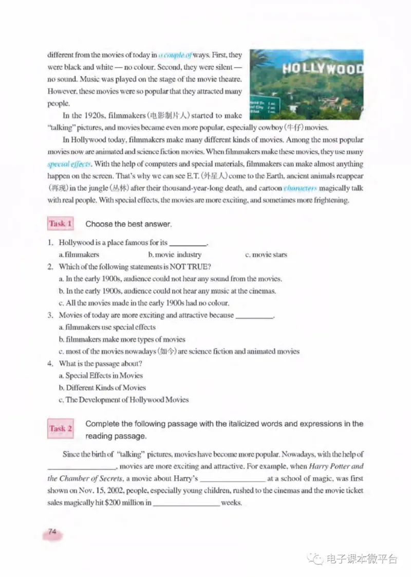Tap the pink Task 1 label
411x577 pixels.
click(60, 224)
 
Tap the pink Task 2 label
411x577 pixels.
click(61, 428)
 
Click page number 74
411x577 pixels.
click(52, 532)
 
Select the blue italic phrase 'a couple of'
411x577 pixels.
click(175, 55)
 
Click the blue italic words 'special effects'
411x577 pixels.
click(69, 164)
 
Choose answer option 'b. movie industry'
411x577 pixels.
click(175, 255)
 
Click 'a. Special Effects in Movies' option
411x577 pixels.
click(101, 375)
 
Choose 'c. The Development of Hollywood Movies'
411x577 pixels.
click(123, 400)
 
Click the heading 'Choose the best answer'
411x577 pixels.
click(128, 224)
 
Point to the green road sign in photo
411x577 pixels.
click(264, 107)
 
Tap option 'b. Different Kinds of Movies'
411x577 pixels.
click(102, 388)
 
